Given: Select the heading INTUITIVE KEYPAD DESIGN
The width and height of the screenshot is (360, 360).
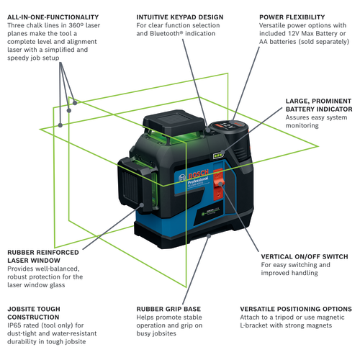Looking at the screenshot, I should point(179,16).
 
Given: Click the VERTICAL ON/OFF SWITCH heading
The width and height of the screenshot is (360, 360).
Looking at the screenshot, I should point(305,256).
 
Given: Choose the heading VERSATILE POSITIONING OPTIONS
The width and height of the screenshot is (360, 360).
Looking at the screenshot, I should point(296,307).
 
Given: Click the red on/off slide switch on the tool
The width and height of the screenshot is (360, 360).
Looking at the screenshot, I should point(221,189).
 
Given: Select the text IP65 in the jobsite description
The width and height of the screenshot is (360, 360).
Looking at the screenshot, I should point(15,326).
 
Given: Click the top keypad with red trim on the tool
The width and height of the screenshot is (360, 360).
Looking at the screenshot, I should point(226,126).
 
